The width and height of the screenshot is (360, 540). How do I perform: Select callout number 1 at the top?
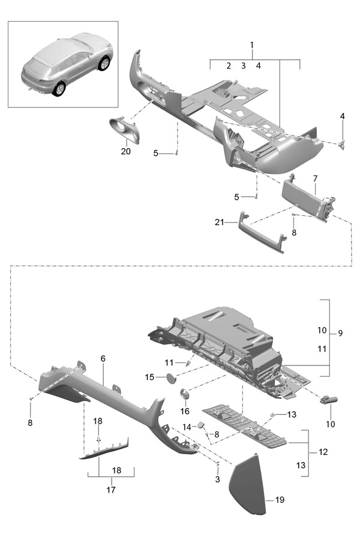[x=252, y=45]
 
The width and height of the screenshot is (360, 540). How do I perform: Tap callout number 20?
[x=125, y=151]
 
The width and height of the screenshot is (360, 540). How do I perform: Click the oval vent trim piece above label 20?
[x=125, y=130]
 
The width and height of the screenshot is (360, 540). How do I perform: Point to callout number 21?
[x=220, y=223]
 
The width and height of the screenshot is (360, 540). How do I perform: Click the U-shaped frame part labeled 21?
[x=262, y=234]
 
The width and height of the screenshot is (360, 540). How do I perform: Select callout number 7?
[x=314, y=179]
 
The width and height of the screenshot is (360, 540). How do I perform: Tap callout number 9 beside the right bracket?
[x=340, y=332]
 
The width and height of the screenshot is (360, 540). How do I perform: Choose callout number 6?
[x=103, y=358]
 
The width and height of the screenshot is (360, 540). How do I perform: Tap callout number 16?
[x=184, y=411]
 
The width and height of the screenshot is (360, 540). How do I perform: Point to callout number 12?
[x=323, y=451]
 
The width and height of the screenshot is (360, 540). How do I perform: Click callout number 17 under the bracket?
[x=110, y=490]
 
